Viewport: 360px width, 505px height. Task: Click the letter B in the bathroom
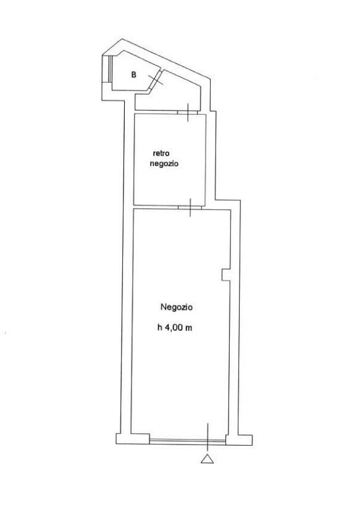click(x=133, y=75)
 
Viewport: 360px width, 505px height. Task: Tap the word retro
click(x=161, y=153)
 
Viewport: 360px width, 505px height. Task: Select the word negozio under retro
click(x=164, y=164)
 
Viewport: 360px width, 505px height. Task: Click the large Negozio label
click(x=177, y=307)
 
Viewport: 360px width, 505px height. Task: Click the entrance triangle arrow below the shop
click(x=207, y=459)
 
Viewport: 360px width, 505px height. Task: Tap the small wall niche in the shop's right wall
click(x=226, y=274)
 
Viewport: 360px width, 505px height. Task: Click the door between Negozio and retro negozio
click(x=190, y=207)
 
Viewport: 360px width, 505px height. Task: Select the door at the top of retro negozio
click(x=188, y=112)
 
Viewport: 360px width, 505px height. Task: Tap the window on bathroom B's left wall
click(x=110, y=69)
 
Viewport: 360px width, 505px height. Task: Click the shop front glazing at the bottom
click(x=188, y=441)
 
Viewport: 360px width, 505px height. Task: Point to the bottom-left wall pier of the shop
click(x=133, y=439)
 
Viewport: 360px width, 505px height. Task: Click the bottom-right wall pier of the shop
click(x=238, y=440)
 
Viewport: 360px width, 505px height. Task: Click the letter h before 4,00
click(x=159, y=328)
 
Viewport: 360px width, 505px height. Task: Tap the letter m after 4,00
click(x=189, y=328)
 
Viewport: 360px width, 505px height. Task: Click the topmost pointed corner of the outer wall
click(x=122, y=39)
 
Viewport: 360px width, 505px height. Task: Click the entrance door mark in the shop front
click(x=207, y=436)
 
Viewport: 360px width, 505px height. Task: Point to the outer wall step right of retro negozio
click(x=228, y=199)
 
